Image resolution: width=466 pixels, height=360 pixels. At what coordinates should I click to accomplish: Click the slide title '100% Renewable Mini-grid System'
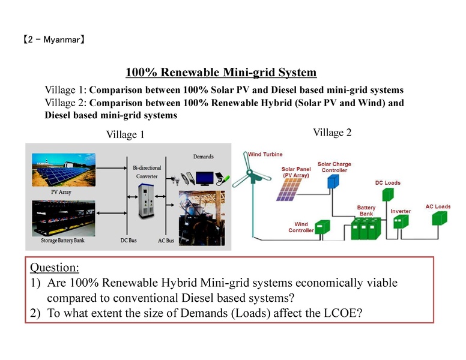click(x=220, y=73)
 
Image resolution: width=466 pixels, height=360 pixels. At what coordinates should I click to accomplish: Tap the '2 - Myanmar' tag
click(x=53, y=41)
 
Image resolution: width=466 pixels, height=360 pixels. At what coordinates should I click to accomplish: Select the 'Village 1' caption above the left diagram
click(x=125, y=135)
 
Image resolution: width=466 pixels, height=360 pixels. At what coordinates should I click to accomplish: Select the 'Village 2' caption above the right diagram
click(x=332, y=133)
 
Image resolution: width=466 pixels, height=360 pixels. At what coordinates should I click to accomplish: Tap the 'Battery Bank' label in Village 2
click(x=366, y=210)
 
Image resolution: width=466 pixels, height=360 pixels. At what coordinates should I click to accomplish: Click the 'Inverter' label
click(x=401, y=211)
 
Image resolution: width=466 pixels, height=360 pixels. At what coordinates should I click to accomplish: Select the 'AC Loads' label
click(x=438, y=206)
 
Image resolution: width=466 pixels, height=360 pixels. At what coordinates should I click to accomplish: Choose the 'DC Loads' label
click(x=388, y=183)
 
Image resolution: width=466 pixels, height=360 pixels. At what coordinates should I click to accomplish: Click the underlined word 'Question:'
click(x=54, y=267)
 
